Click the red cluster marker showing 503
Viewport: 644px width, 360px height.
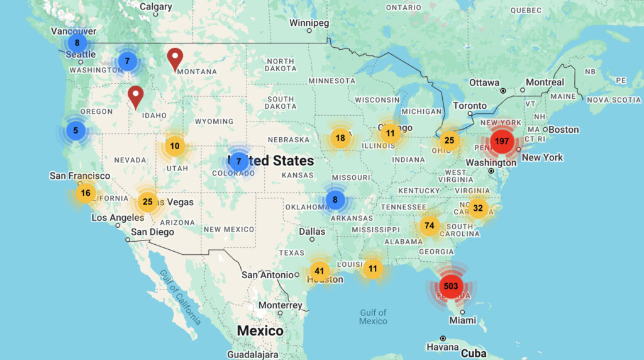tap(450, 286)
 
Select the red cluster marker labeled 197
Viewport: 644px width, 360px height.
tap(501, 141)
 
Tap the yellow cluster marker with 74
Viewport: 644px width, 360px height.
tap(429, 225)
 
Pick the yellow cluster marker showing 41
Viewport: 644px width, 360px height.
tap(319, 271)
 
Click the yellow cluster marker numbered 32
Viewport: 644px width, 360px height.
tap(478, 208)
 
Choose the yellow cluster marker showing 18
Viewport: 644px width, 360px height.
tap(340, 138)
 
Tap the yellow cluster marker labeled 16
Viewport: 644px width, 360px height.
tap(86, 193)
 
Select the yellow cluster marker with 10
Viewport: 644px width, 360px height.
tap(175, 146)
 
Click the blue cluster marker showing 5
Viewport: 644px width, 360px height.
tap(75, 131)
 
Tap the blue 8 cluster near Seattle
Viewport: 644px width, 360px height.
tap(77, 43)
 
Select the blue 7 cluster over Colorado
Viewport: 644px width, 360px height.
tap(238, 161)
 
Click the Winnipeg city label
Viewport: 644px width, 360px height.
tap(309, 23)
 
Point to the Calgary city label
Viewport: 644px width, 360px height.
tap(155, 7)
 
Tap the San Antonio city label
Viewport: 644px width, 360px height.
tap(268, 274)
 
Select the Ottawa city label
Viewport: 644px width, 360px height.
tap(484, 82)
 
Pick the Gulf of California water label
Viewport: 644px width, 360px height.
tap(180, 296)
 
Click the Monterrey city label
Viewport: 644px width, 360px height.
tap(280, 305)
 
